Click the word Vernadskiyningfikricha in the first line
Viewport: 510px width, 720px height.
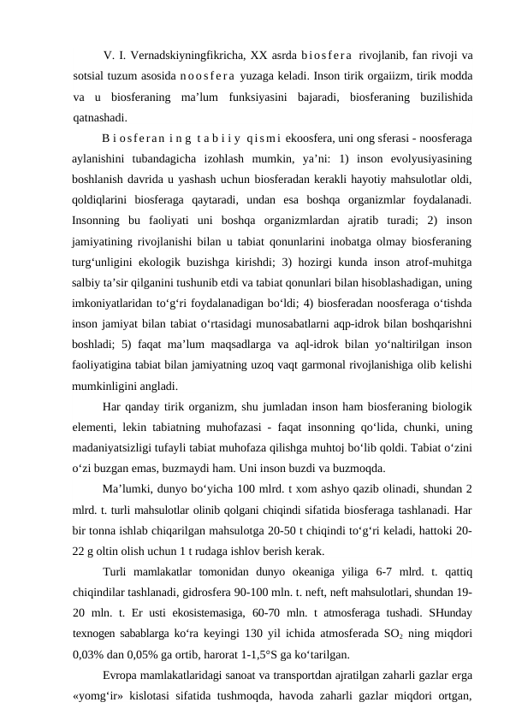pos(187,57)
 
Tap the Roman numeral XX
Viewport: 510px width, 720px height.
pos(259,57)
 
